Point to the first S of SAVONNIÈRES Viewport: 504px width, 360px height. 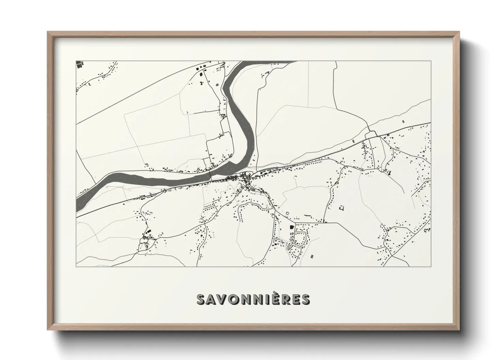(x=201, y=299)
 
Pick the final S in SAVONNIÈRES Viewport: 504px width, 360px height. (x=305, y=299)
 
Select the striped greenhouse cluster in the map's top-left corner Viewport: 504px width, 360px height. (x=79, y=65)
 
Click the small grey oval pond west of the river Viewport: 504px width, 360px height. (x=217, y=83)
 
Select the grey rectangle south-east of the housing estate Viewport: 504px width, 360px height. (x=312, y=255)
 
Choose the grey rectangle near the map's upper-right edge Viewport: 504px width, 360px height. (x=404, y=120)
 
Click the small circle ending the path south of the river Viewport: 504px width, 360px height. (x=107, y=187)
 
